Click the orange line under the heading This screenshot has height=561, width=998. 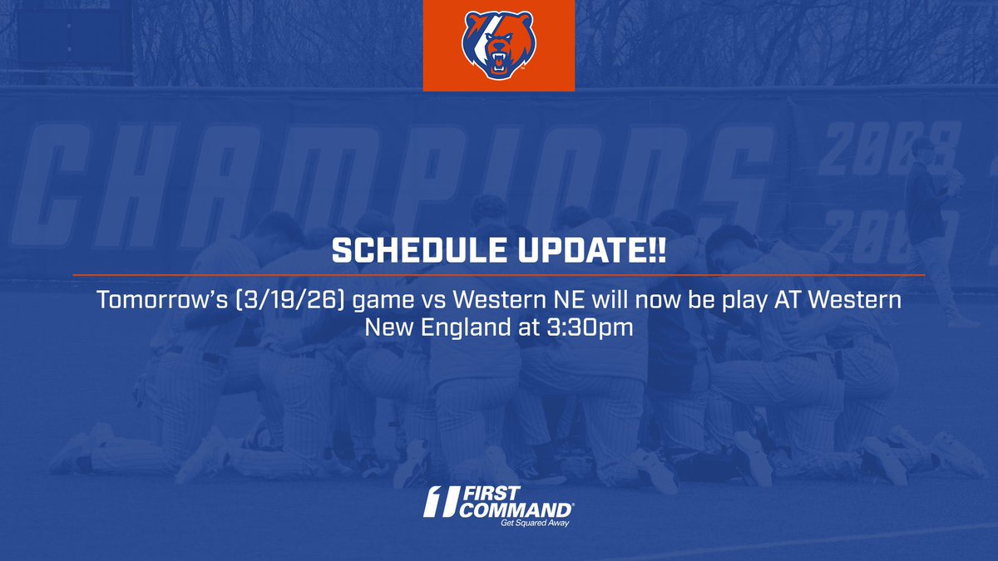coord(498,274)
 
